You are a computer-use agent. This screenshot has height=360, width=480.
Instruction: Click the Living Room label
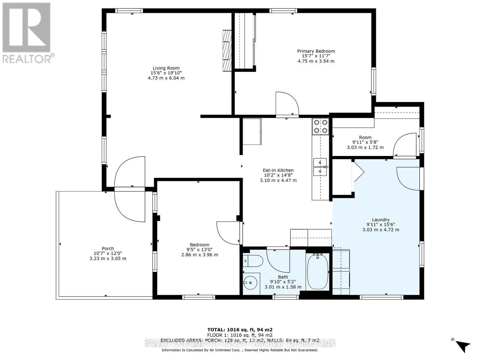166,68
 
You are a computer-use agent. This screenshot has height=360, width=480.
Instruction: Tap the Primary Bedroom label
316,51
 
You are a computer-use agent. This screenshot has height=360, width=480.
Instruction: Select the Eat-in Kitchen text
278,170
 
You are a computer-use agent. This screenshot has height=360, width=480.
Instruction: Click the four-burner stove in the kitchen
320,126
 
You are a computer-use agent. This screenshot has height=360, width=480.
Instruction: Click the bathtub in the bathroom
317,272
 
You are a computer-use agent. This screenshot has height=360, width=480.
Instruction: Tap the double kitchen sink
320,166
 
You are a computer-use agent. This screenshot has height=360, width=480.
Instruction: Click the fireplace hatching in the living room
227,50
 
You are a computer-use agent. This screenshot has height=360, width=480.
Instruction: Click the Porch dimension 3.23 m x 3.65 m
108,258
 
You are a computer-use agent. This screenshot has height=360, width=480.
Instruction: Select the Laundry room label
381,220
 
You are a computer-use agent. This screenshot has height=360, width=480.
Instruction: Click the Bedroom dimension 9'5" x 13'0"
199,250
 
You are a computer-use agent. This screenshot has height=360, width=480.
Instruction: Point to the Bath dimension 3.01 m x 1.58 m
283,287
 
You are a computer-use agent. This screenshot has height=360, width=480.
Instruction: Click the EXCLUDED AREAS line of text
240,340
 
